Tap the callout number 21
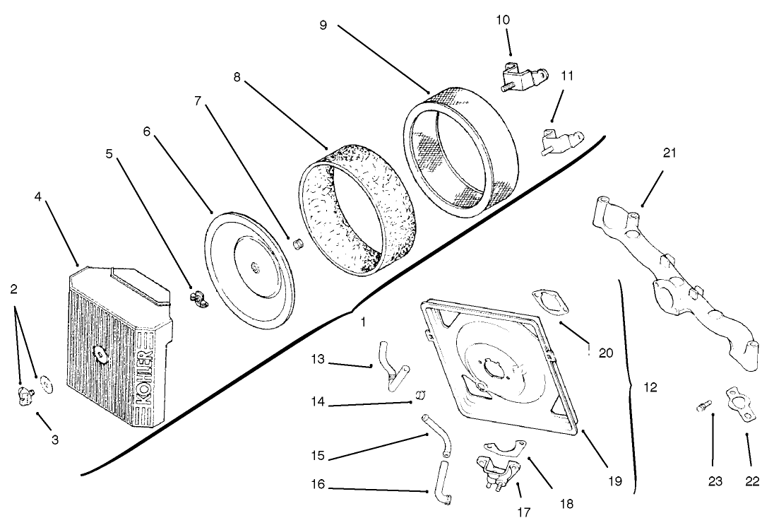(669, 153)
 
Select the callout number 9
(323, 24)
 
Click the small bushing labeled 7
(298, 245)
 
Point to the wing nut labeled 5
(197, 298)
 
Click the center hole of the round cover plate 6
(254, 266)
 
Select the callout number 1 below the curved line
(363, 321)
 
